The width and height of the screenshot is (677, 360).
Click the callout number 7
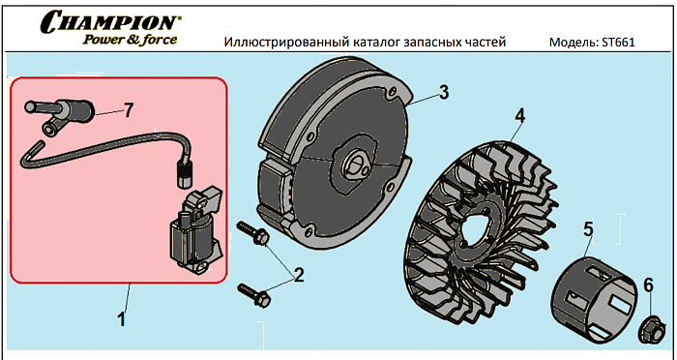[129, 110]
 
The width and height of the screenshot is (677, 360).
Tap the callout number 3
[444, 93]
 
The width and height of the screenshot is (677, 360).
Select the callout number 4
[520, 116]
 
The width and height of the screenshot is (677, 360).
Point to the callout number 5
[588, 229]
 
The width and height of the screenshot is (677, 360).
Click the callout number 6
[649, 285]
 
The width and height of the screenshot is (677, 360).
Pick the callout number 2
[298, 275]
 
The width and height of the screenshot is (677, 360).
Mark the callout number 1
[122, 319]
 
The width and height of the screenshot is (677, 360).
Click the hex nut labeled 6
[651, 330]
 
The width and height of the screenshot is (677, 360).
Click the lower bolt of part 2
[254, 295]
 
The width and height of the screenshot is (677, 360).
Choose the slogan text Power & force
[130, 40]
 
